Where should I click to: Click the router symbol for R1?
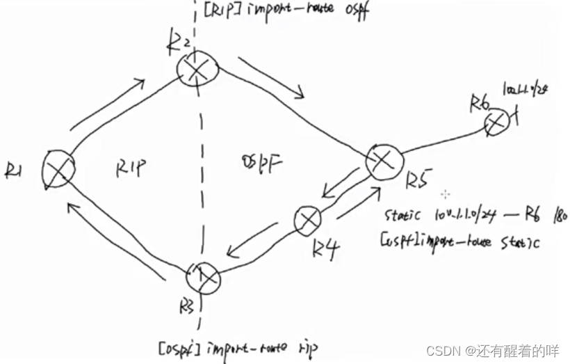[x=58, y=168]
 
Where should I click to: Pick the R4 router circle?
[x=307, y=221]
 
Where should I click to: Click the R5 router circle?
[x=384, y=163]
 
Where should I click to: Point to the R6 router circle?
[x=498, y=122]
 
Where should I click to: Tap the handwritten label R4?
[x=325, y=249]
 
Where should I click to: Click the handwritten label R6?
[x=480, y=102]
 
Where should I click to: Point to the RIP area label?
[x=131, y=166]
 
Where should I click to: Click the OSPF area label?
[x=259, y=164]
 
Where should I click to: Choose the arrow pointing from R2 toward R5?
[x=271, y=78]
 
